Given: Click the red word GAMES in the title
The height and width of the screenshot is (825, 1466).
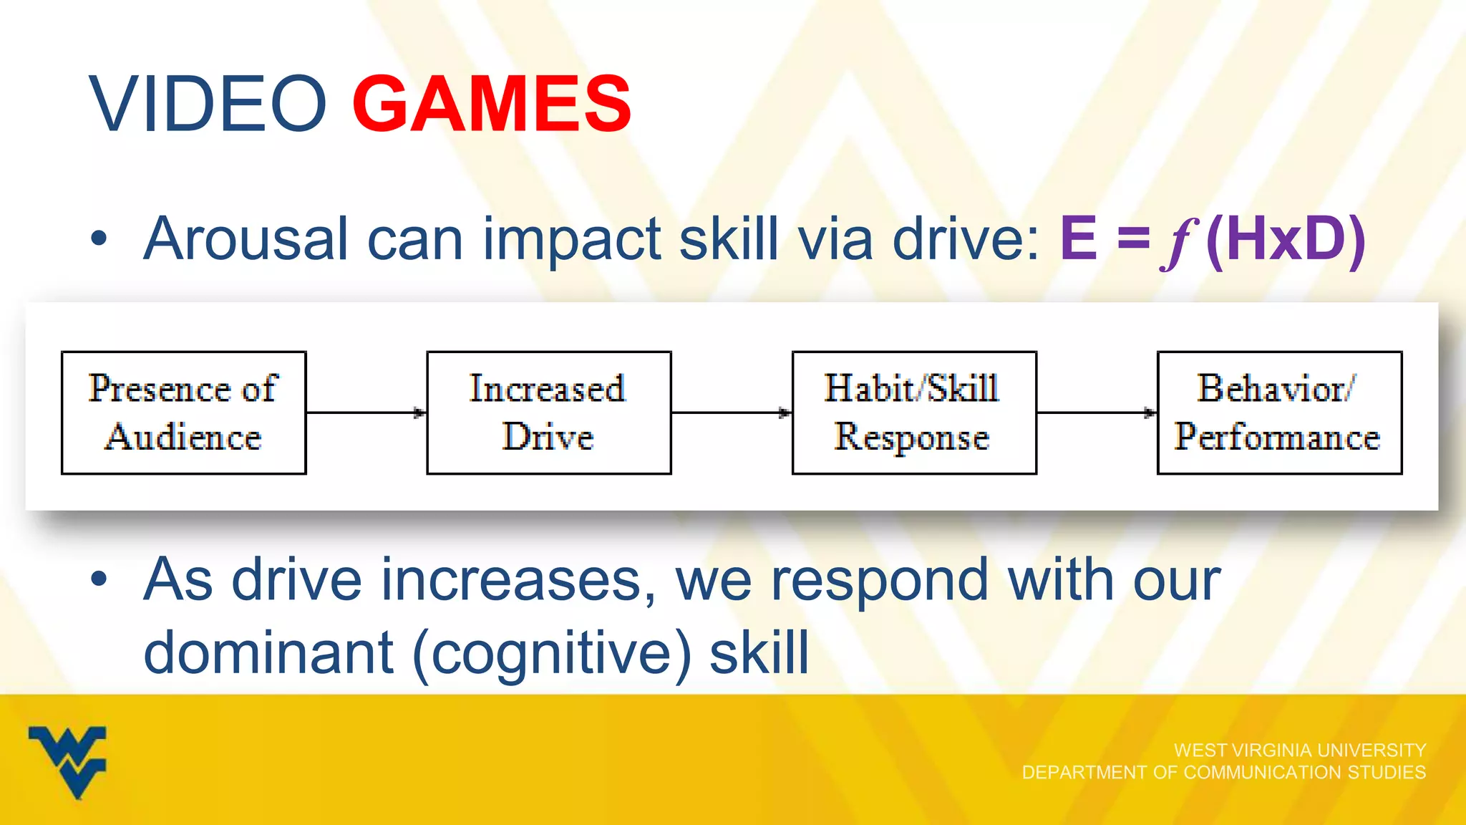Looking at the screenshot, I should (492, 105).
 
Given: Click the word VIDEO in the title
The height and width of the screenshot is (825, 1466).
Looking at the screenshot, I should (208, 105).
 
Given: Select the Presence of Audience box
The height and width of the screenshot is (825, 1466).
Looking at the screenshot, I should (183, 412).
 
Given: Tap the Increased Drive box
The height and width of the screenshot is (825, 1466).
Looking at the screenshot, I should (548, 412).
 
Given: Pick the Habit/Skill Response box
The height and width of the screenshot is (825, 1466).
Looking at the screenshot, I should (913, 412).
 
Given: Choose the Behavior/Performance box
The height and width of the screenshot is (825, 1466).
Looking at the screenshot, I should (1278, 412).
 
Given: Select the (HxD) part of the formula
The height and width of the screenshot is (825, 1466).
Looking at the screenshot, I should (1286, 240).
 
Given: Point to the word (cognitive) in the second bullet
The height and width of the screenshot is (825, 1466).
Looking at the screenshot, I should (552, 653).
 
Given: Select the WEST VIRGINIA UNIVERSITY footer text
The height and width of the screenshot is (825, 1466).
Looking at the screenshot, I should (1299, 750).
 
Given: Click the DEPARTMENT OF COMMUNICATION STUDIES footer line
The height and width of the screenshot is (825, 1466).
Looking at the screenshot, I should (1223, 772).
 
